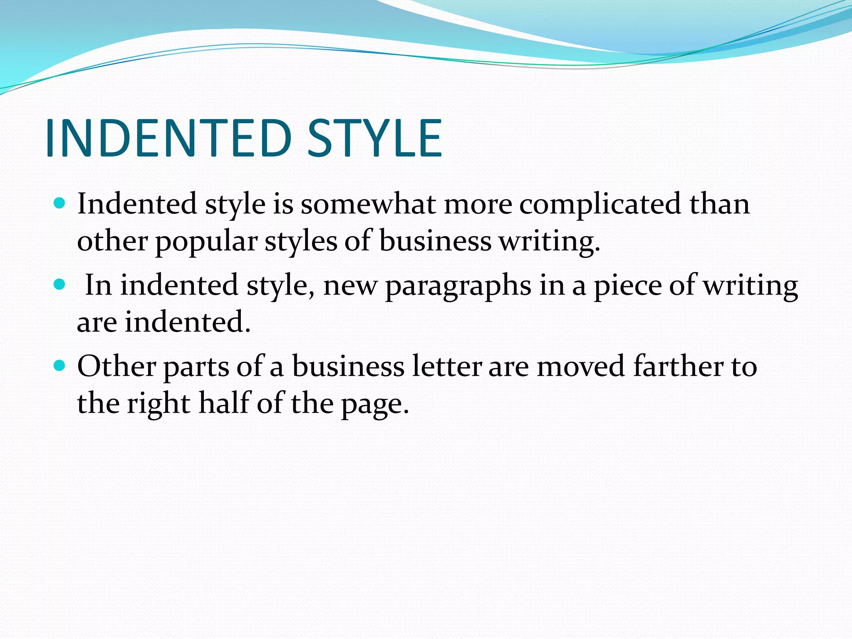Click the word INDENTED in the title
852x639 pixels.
[168, 138]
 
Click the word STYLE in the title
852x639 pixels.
[374, 138]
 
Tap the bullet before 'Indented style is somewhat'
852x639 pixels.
[60, 203]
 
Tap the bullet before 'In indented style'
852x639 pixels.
[60, 285]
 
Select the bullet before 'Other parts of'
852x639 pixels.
[60, 366]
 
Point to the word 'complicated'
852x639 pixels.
[599, 205]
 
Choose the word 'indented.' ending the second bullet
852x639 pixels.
[188, 322]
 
